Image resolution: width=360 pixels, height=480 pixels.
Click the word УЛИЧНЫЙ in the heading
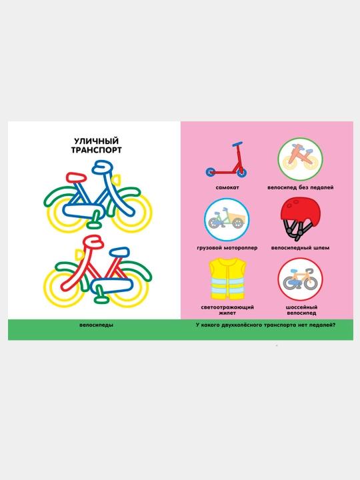(x=96, y=141)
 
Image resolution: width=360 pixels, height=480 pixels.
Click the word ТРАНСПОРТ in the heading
(x=97, y=150)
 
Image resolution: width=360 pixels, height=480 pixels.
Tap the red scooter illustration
(x=227, y=159)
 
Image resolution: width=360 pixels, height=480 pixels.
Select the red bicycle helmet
(x=300, y=219)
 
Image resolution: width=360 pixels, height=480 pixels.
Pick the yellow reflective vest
(x=227, y=279)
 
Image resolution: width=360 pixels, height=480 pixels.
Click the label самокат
(x=227, y=187)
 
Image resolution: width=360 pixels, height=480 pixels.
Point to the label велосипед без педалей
(x=300, y=187)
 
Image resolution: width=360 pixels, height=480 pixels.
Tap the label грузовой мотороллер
(x=227, y=247)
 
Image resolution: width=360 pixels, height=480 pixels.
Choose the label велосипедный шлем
(x=300, y=247)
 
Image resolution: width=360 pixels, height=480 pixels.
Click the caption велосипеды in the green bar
(x=96, y=325)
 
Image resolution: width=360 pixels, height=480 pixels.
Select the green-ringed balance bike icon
(x=300, y=159)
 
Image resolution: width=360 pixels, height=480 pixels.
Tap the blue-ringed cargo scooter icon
(x=227, y=219)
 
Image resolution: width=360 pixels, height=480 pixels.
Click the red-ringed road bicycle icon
(x=300, y=279)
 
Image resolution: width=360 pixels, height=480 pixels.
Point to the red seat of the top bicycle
(x=76, y=177)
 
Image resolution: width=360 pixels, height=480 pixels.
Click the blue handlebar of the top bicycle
(x=102, y=167)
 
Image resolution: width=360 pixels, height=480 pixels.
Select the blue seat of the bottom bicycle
(x=119, y=252)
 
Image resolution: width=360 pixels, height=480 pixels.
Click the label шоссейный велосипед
(x=301, y=310)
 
